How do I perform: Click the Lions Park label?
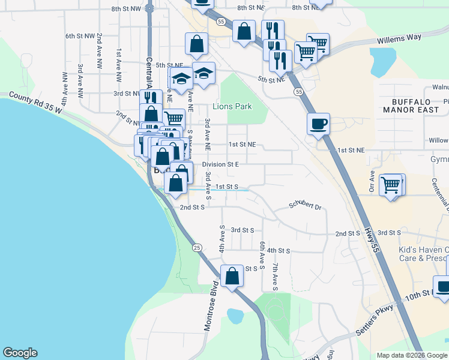pos(232,106)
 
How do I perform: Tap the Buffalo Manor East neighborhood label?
pos(412,106)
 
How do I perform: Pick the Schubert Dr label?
pos(305,206)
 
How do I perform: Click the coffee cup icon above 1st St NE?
pos(318,124)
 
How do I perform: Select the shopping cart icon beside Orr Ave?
pos(391,184)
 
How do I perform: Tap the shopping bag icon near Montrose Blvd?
pos(232,276)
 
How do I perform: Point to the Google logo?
pos(20,353)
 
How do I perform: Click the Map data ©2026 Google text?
pos(412,355)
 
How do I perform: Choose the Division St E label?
pos(220,164)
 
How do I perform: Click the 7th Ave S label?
pos(275,276)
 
